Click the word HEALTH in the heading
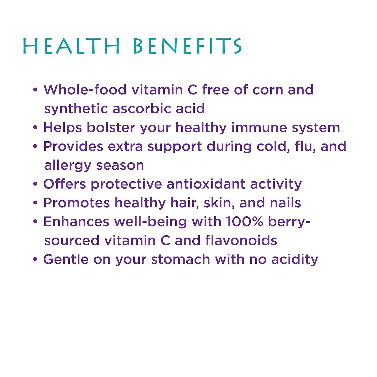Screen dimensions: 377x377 [x=71, y=46]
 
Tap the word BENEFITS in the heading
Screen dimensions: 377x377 [x=187, y=46]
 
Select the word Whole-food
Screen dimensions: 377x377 [x=85, y=90]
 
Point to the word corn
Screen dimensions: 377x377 [x=268, y=90]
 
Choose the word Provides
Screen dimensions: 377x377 [x=73, y=146]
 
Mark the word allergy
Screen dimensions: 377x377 [x=68, y=166]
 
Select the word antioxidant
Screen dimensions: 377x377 [x=206, y=184]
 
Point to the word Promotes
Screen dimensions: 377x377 [x=77, y=203]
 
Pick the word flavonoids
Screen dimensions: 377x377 [x=241, y=241]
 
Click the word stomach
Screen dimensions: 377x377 [x=181, y=259]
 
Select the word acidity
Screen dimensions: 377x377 [x=295, y=260]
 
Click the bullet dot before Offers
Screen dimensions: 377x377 [x=35, y=184]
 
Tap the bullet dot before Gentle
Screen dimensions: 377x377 [x=35, y=259]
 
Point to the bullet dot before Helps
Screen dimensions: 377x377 [x=35, y=127]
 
